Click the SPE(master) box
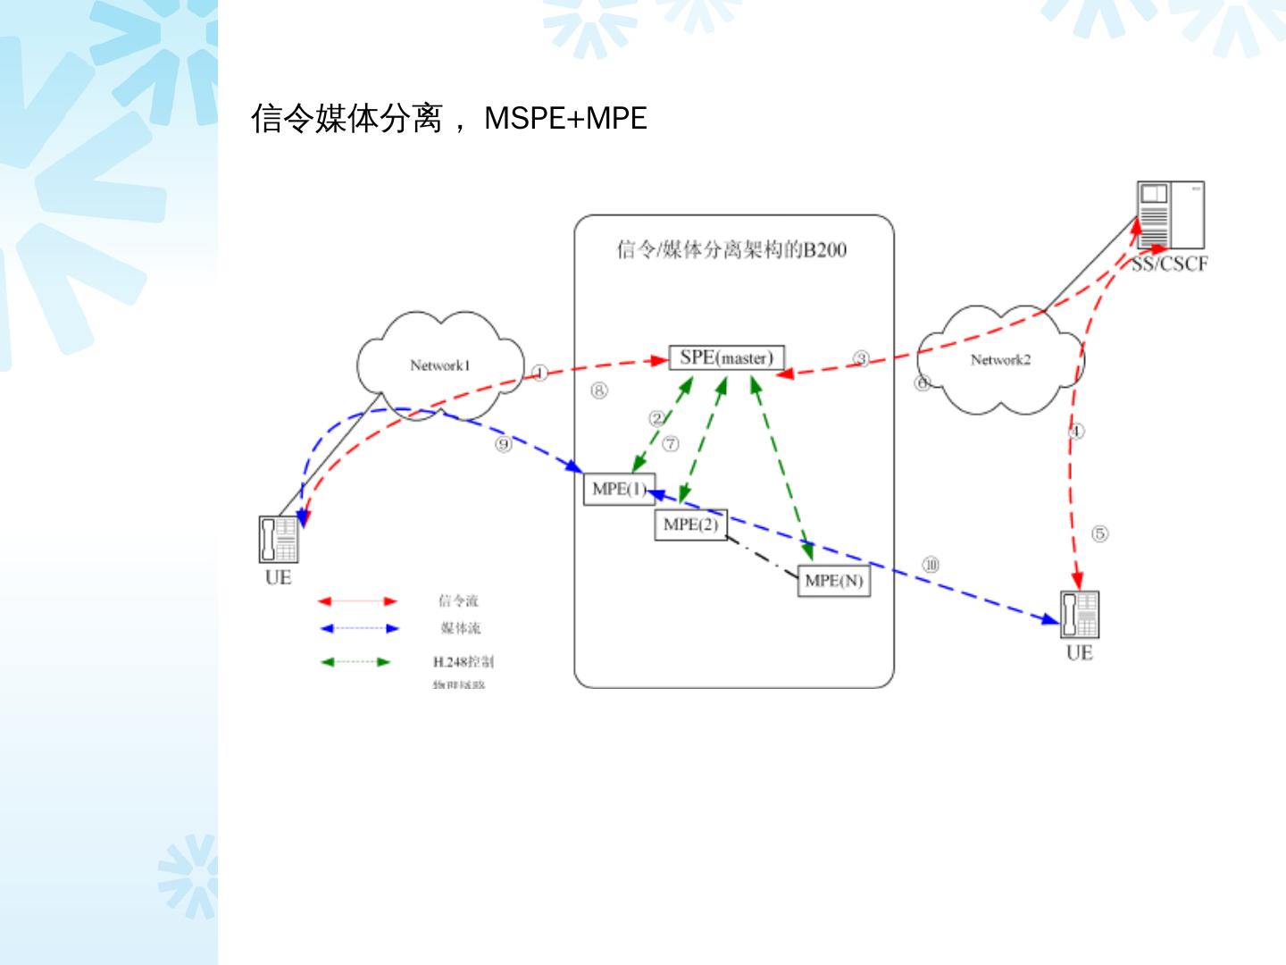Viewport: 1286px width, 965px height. pyautogui.click(x=726, y=357)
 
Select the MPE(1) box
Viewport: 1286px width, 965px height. pyautogui.click(x=618, y=490)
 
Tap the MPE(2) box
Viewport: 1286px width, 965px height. pyautogui.click(x=690, y=524)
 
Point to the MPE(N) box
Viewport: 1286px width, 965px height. pyautogui.click(x=833, y=581)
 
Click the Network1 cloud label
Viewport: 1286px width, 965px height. pyautogui.click(x=439, y=365)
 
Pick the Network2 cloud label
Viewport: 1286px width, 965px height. pyautogui.click(x=1000, y=360)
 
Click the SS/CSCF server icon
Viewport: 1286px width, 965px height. pyautogui.click(x=1170, y=215)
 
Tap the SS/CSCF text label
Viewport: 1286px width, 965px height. pyautogui.click(x=1169, y=264)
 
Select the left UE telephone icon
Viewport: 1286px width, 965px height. pyautogui.click(x=279, y=539)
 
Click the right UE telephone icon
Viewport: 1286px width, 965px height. pyautogui.click(x=1080, y=615)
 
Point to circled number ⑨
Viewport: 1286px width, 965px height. pyautogui.click(x=504, y=444)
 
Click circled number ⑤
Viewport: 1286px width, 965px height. pyautogui.click(x=1099, y=533)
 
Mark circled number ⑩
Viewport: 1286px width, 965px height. pyautogui.click(x=931, y=565)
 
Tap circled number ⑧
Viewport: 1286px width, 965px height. pyautogui.click(x=598, y=390)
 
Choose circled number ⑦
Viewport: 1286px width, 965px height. pyautogui.click(x=670, y=444)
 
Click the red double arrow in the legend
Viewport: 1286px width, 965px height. pyautogui.click(x=358, y=601)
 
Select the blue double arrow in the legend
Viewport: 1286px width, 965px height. pyautogui.click(x=358, y=628)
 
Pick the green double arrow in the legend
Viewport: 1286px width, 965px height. pyautogui.click(x=355, y=662)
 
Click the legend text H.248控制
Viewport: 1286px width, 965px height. pyautogui.click(x=463, y=662)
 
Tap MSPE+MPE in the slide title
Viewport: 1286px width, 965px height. pyautogui.click(x=565, y=118)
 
